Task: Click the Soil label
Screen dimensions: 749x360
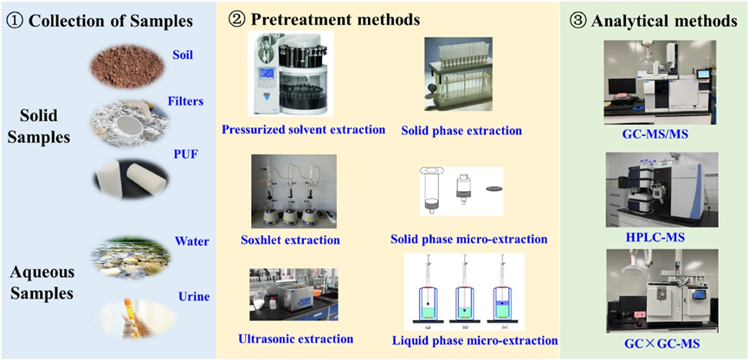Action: [x=183, y=55]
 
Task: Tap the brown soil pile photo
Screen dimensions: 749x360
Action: [x=127, y=66]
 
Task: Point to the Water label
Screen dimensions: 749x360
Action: [x=191, y=241]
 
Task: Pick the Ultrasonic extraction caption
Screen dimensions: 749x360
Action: [x=295, y=339]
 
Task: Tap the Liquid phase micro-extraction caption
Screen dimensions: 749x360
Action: [x=475, y=341]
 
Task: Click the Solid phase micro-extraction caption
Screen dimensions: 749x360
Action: [x=468, y=238]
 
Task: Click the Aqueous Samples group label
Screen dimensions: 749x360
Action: [x=42, y=284]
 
